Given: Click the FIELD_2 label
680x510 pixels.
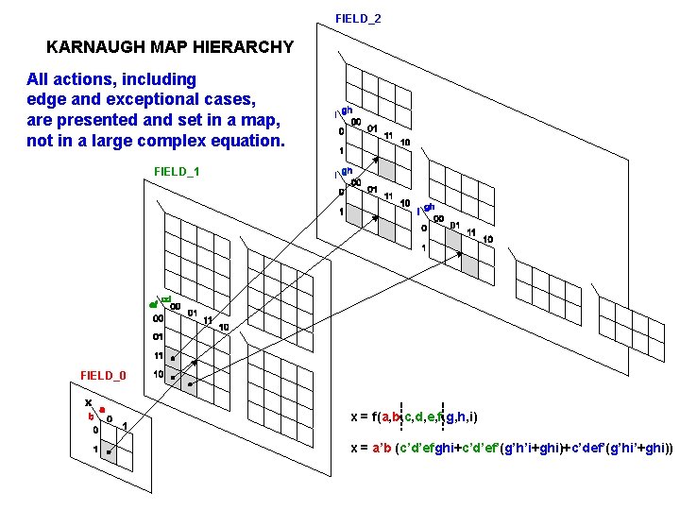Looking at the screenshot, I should coord(358,18).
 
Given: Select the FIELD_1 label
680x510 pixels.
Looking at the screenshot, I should coord(177,171).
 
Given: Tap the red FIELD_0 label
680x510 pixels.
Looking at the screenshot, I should coord(103,375).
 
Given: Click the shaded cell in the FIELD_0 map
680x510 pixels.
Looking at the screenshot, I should coord(119,458).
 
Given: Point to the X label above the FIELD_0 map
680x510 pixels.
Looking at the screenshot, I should coord(88,402).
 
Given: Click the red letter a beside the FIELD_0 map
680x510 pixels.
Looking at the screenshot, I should coord(102,410).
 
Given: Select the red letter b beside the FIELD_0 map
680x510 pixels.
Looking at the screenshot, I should coord(92,416).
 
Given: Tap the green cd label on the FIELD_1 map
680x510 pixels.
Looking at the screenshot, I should coord(166,299).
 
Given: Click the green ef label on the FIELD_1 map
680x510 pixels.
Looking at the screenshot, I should coord(152,305).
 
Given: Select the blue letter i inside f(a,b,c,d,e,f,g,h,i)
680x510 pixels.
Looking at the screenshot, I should coord(471,416).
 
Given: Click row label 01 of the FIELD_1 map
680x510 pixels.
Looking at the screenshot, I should coord(159,336).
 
